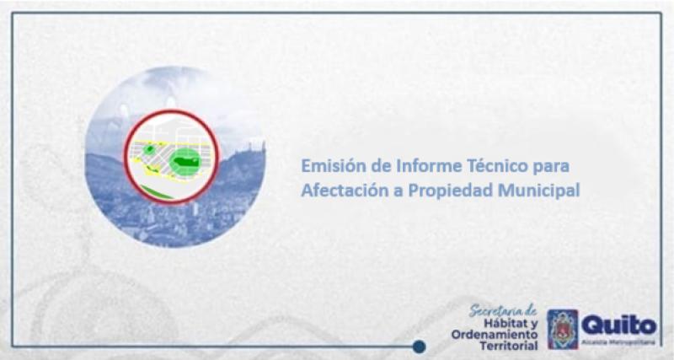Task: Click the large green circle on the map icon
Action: click(185, 159)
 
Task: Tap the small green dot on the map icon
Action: click(149, 149)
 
